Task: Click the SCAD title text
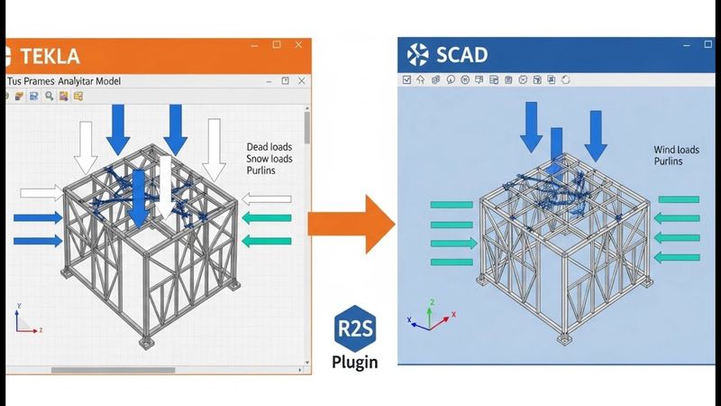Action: (x=461, y=55)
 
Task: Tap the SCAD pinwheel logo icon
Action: (x=419, y=55)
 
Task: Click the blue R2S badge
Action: (x=353, y=327)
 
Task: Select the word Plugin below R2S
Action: (x=354, y=363)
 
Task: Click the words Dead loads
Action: (x=269, y=146)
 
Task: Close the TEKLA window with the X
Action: (x=299, y=45)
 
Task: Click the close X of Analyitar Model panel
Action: (x=300, y=81)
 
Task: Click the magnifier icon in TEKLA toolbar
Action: (x=48, y=96)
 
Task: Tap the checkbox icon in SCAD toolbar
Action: (x=406, y=79)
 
